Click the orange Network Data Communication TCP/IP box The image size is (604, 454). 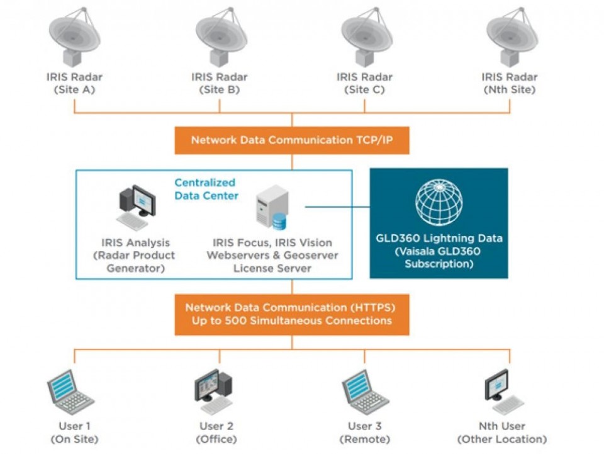pyautogui.click(x=291, y=140)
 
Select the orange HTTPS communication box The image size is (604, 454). pyautogui.click(x=291, y=314)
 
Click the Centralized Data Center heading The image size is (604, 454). pyautogui.click(x=206, y=189)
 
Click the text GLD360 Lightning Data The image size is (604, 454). pyautogui.click(x=439, y=239)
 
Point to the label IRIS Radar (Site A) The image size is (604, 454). pyautogui.click(x=74, y=83)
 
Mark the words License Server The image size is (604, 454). pyautogui.click(x=272, y=268)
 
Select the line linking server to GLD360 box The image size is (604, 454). pyautogui.click(x=337, y=207)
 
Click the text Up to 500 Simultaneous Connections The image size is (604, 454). pyautogui.click(x=291, y=321)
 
